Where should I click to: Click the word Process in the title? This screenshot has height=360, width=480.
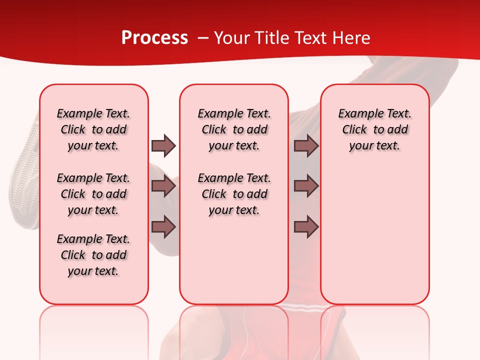click(154, 38)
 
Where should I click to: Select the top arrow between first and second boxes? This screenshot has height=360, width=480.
click(163, 145)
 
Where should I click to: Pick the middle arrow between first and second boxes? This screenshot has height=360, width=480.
click(163, 186)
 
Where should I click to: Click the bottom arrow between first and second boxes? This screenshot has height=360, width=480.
click(163, 226)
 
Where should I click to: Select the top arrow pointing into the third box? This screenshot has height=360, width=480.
click(306, 145)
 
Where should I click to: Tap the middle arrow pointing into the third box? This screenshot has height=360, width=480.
click(306, 186)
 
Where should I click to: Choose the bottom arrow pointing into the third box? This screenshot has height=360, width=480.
click(306, 226)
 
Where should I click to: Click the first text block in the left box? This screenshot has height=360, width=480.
click(93, 129)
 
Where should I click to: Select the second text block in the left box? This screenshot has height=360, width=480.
click(93, 194)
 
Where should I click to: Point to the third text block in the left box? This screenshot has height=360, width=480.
click(93, 255)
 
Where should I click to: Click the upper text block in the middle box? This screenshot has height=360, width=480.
click(234, 129)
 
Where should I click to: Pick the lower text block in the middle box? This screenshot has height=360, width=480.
click(234, 194)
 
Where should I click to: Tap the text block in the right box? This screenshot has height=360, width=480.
click(374, 129)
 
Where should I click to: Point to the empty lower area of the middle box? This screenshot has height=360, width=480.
click(234, 260)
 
